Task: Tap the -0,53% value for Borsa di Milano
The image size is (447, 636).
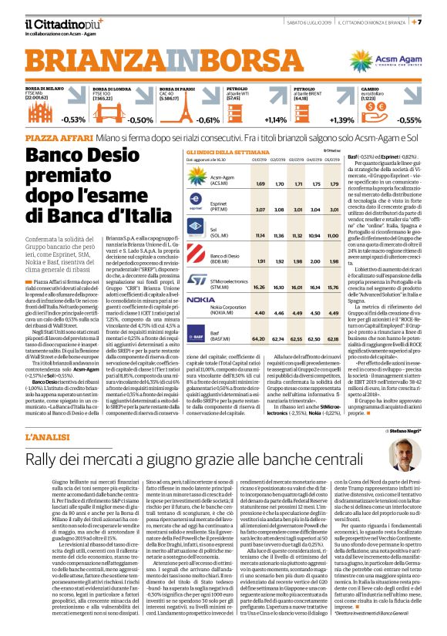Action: point(73,120)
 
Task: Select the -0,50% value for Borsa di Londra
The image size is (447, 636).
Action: point(139,120)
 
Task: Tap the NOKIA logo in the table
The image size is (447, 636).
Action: point(202,298)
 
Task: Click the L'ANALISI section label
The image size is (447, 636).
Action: point(51,416)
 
